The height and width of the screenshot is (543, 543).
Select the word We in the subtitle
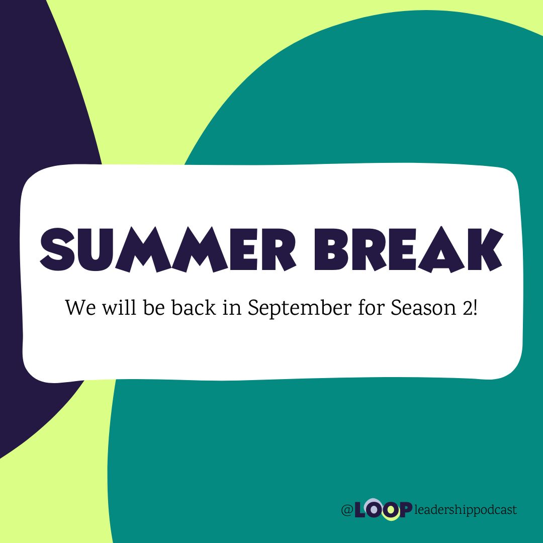[x=77, y=308]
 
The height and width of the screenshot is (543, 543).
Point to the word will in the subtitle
[x=115, y=307]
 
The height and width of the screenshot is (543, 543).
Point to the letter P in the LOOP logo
[x=405, y=510]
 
